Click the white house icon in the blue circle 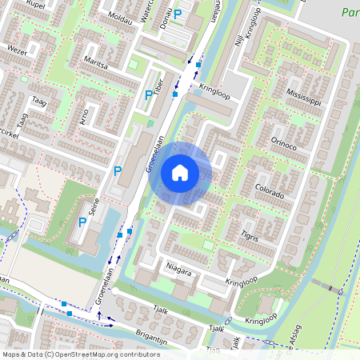(x=180, y=173)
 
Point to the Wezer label (x=17, y=49)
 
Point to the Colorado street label (x=269, y=194)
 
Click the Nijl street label (x=238, y=36)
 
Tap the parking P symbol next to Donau (x=178, y=14)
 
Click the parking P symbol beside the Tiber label (x=148, y=96)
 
